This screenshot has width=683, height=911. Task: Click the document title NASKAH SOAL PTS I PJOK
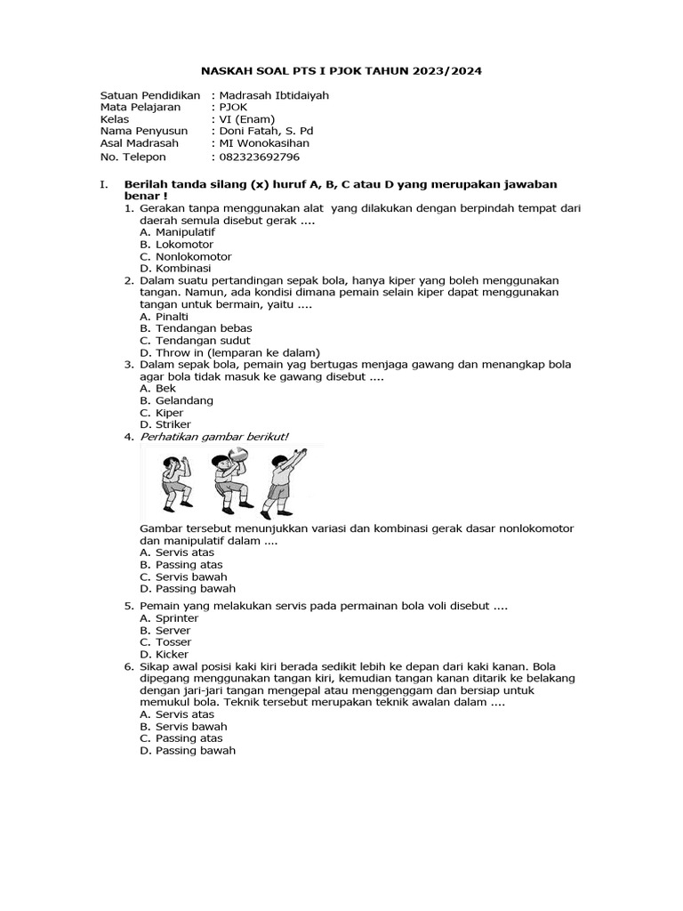(x=341, y=70)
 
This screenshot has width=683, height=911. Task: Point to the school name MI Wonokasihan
(x=260, y=143)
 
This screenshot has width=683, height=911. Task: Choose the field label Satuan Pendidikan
(x=149, y=94)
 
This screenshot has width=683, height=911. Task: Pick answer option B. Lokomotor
(x=172, y=243)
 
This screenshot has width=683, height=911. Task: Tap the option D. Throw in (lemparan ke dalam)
(x=229, y=352)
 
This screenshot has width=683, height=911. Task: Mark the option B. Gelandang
(x=176, y=400)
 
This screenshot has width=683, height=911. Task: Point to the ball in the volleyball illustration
(x=237, y=455)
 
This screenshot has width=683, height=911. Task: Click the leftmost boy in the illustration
(x=174, y=480)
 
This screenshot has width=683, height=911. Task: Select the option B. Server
(x=165, y=630)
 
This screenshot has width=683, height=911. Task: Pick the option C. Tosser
(x=165, y=642)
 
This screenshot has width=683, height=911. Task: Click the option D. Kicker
(x=165, y=655)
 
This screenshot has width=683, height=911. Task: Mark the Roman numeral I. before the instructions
(x=104, y=185)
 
